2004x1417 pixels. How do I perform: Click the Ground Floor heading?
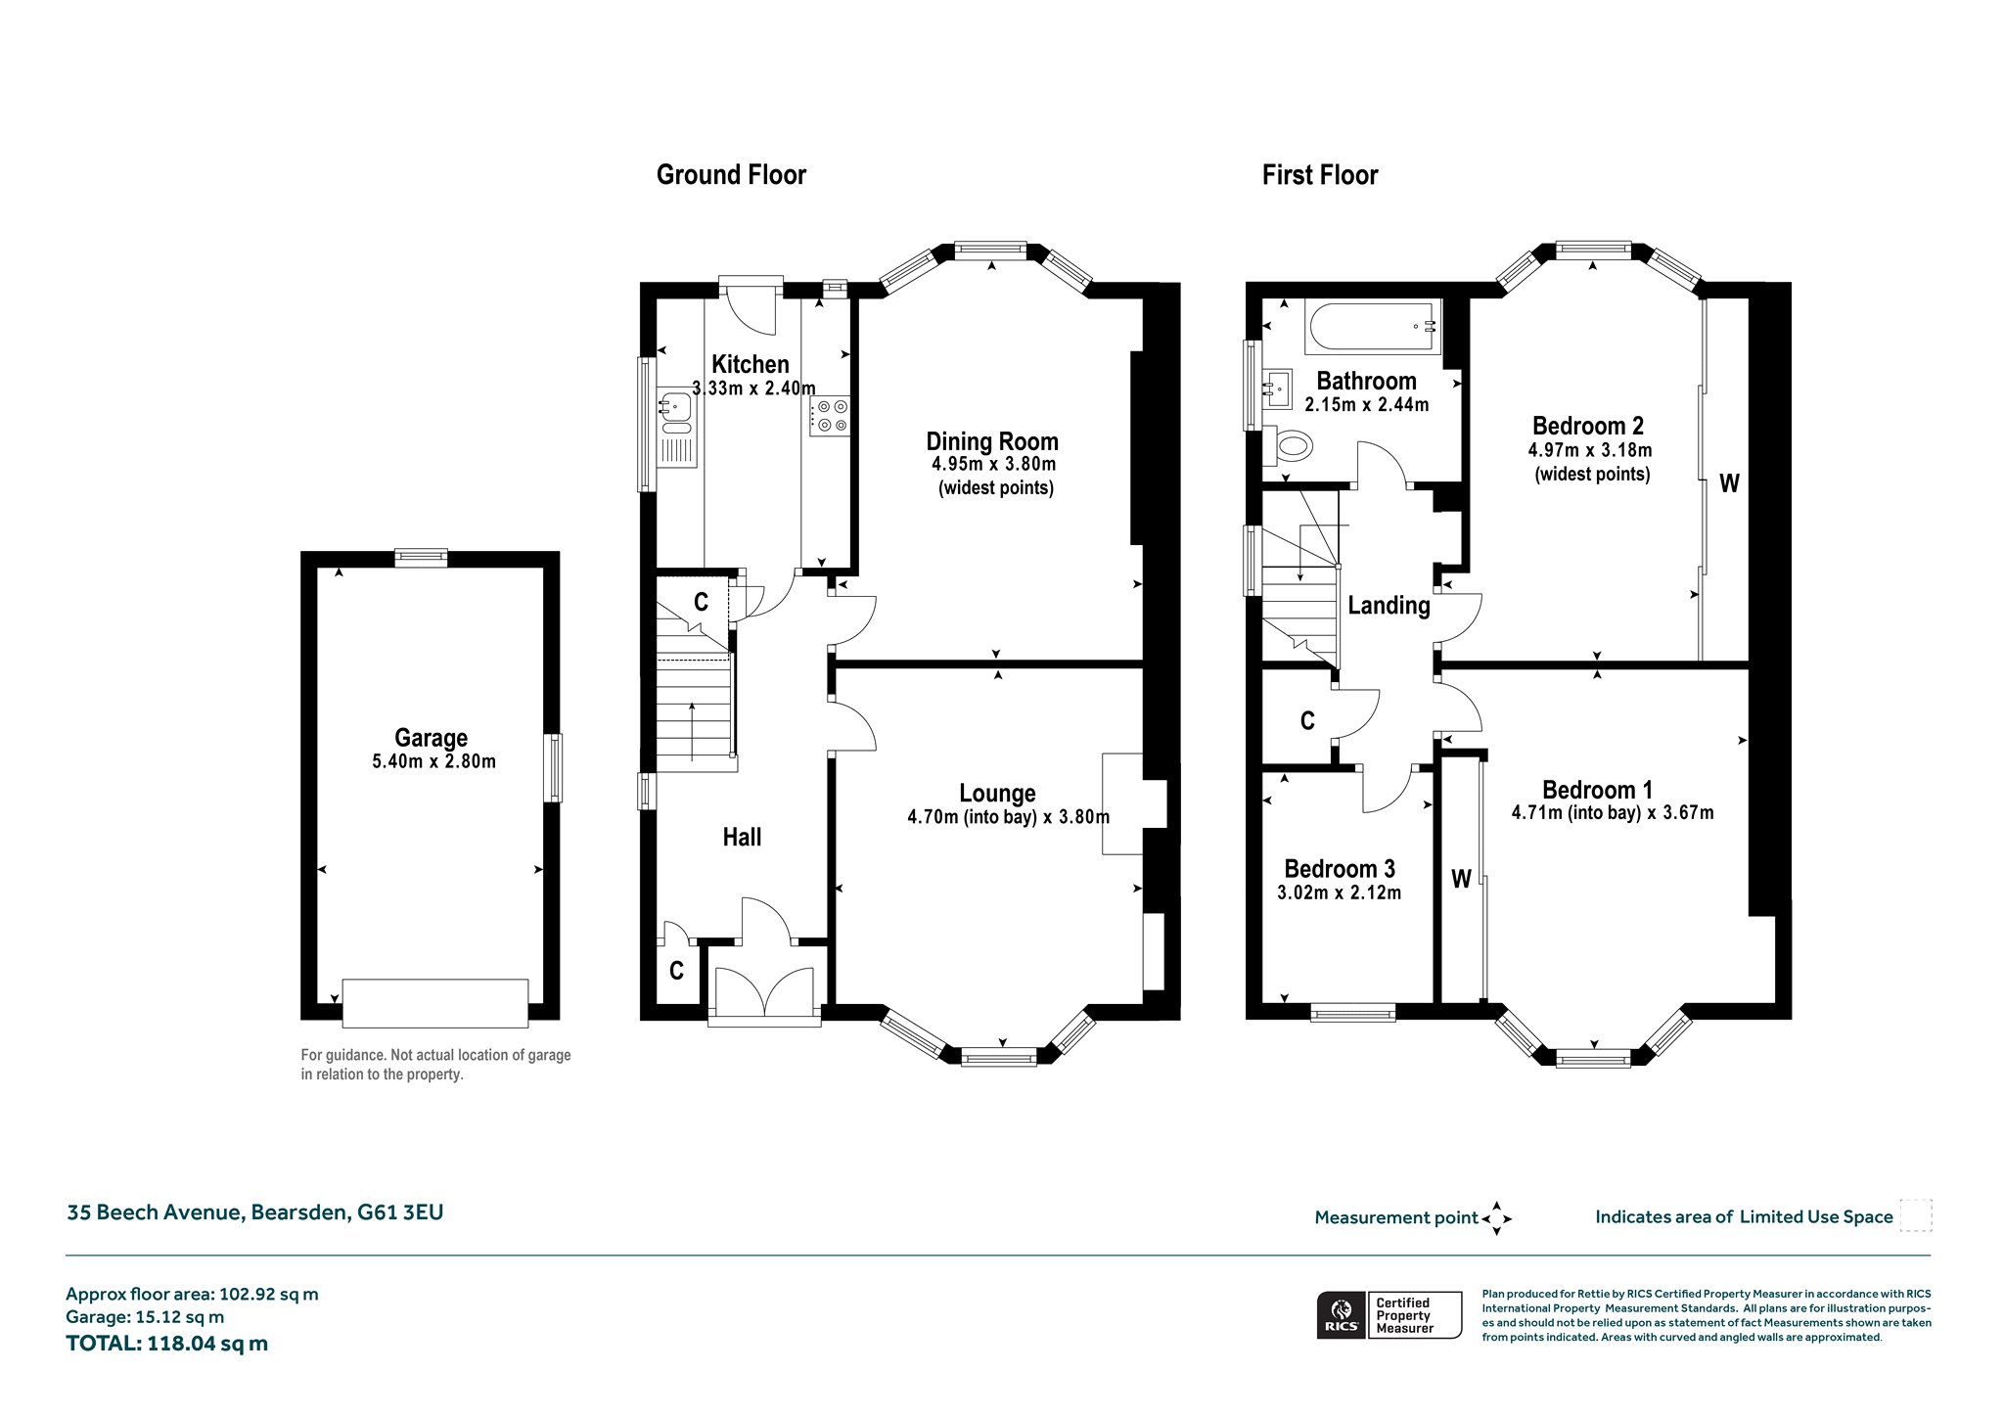pyautogui.click(x=731, y=175)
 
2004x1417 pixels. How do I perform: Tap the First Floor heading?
pyautogui.click(x=1320, y=175)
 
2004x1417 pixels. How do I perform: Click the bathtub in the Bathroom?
pyautogui.click(x=1373, y=328)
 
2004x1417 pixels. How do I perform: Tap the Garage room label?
pyautogui.click(x=431, y=738)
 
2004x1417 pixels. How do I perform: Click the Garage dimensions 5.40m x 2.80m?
pyautogui.click(x=433, y=761)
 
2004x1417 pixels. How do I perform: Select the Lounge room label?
pyautogui.click(x=997, y=794)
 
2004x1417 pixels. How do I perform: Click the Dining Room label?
pyautogui.click(x=992, y=441)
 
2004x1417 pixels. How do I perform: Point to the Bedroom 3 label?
pyautogui.click(x=1340, y=869)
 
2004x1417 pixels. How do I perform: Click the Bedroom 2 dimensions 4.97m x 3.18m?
pyautogui.click(x=1590, y=450)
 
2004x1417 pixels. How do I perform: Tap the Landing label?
pyautogui.click(x=1389, y=606)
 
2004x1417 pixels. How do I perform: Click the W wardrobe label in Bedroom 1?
pyautogui.click(x=1461, y=879)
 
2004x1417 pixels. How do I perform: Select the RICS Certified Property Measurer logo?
pyautogui.click(x=1389, y=1315)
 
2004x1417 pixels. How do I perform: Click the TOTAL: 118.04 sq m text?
pyautogui.click(x=166, y=1344)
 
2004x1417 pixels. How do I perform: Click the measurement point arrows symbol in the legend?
pyautogui.click(x=1497, y=1218)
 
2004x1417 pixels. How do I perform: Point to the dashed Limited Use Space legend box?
pyautogui.click(x=1916, y=1215)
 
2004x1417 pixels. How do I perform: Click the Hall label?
pyautogui.click(x=742, y=837)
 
